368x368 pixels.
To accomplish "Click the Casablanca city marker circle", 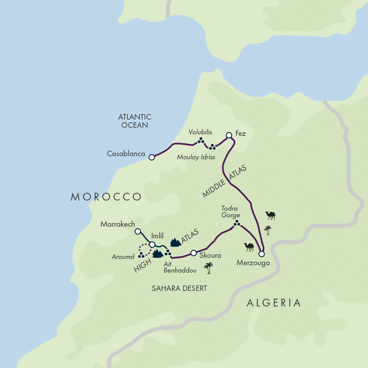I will pyautogui.click(x=152, y=157).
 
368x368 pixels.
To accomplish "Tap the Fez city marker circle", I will pyautogui.click(x=229, y=135).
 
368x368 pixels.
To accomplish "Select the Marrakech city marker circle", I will pyautogui.click(x=137, y=231).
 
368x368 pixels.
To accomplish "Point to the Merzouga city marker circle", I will pyautogui.click(x=261, y=254).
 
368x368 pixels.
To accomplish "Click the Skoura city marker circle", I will pyautogui.click(x=193, y=253).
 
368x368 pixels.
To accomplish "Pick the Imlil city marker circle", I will pyautogui.click(x=152, y=245).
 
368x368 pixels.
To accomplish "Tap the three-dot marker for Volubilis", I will pyautogui.click(x=201, y=140).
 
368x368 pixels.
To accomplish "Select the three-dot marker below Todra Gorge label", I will pyautogui.click(x=236, y=223).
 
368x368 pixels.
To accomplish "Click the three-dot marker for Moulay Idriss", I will pyautogui.click(x=212, y=147).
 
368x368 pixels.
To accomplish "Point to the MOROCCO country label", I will pyautogui.click(x=106, y=197).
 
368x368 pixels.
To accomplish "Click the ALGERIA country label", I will pyautogui.click(x=274, y=303).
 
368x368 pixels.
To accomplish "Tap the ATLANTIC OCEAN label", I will pyautogui.click(x=134, y=121).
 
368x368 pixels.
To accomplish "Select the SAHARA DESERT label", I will pyautogui.click(x=179, y=288).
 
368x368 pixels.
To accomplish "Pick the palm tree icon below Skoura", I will pyautogui.click(x=209, y=268).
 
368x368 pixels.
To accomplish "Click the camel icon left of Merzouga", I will pyautogui.click(x=249, y=247).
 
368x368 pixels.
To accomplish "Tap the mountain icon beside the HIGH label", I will pyautogui.click(x=158, y=254).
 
